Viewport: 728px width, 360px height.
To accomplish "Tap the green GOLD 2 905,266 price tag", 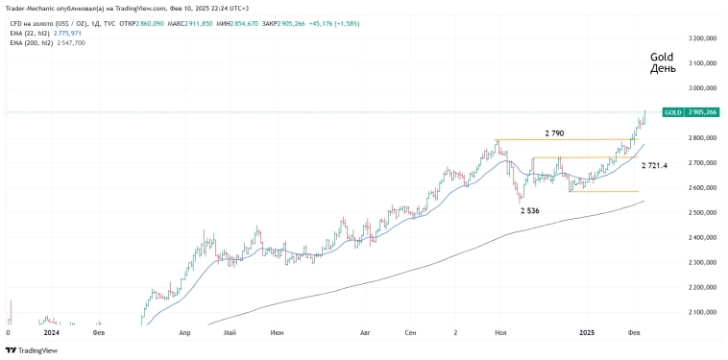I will click(691, 112).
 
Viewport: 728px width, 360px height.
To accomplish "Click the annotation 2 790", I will click(554, 132).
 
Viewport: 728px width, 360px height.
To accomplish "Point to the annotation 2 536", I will click(531, 209).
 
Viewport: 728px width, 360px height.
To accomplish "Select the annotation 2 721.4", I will click(654, 166).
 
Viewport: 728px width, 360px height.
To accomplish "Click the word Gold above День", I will click(662, 57).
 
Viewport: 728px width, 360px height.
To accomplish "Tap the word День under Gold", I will click(663, 69).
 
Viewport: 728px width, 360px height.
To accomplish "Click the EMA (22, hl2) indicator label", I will click(30, 34).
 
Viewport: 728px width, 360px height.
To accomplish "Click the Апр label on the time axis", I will click(184, 332).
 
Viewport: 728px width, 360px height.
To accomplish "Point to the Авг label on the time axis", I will click(365, 332).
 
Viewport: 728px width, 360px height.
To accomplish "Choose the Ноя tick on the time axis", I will click(499, 332).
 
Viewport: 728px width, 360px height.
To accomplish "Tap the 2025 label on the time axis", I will click(588, 332).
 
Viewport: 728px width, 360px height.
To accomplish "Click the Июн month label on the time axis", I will click(277, 332).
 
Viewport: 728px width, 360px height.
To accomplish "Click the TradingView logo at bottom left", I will click(31, 350).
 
